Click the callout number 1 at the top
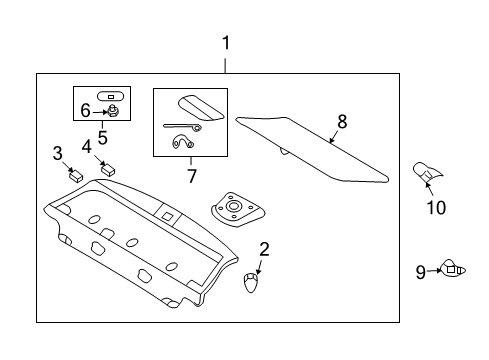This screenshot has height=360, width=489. tap(226, 43)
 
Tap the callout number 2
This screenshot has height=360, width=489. tap(264, 248)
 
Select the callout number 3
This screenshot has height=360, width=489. tap(58, 153)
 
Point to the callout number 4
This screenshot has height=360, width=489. tap(87, 147)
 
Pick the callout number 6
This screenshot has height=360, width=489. tap(85, 110)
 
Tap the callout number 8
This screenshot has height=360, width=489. tap(341, 121)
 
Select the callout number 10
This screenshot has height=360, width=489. tap(435, 208)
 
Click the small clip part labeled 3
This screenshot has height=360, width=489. tap(74, 173)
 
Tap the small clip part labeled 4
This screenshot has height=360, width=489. tap(109, 169)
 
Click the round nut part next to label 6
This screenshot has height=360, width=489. tap(114, 111)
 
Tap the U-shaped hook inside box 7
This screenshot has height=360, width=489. tap(183, 143)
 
